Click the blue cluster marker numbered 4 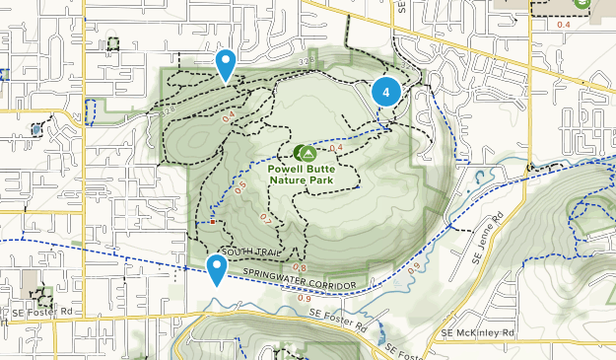386,92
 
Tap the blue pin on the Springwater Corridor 217,267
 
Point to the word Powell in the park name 288,170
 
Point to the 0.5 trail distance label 240,186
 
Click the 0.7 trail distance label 265,217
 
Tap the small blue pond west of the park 36,128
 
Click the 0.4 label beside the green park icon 334,149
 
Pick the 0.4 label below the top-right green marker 564,25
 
